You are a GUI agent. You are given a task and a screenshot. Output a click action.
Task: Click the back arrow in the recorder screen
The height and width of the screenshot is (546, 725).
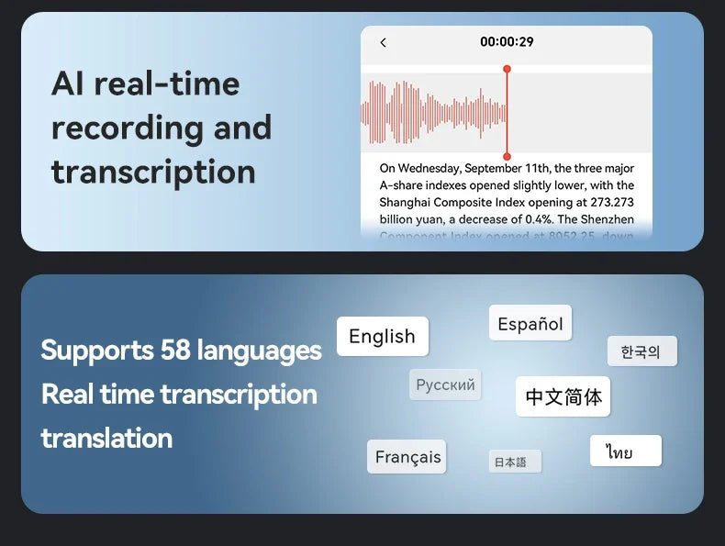383,42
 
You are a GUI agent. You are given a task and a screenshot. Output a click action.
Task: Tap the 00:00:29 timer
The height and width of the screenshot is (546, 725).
507,41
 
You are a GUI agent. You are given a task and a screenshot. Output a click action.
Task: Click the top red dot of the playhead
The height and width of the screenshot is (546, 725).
507,69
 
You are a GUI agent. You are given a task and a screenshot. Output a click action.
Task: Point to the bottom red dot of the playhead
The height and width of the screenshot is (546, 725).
507,157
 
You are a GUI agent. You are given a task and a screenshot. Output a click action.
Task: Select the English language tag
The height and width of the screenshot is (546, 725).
382,337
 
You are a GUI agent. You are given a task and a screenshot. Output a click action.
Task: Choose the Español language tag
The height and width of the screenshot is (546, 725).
530,324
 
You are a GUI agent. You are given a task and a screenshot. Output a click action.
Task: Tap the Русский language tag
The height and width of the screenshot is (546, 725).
445,384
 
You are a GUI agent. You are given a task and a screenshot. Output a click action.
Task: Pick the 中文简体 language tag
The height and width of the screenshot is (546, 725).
563,396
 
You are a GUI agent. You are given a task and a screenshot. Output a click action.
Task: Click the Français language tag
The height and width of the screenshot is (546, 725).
407,457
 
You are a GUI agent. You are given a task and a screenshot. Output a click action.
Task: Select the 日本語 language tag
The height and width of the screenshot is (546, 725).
510,462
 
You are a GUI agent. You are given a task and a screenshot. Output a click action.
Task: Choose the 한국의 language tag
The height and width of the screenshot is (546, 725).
641,351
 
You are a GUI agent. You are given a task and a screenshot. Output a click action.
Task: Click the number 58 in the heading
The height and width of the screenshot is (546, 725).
174,351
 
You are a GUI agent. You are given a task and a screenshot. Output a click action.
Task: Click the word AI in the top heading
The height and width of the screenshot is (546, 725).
68,84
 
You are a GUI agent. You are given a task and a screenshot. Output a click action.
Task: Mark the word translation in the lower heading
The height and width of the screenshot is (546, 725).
106,438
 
